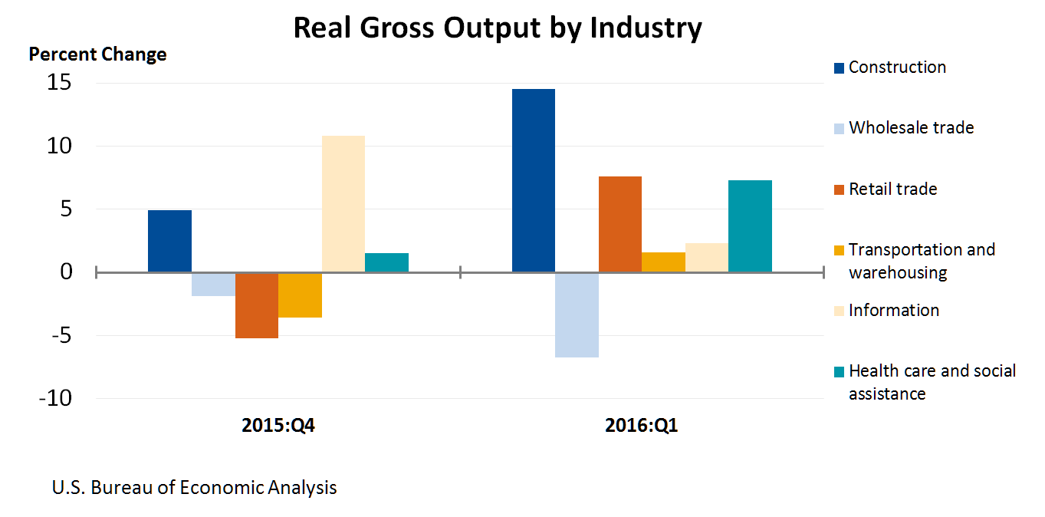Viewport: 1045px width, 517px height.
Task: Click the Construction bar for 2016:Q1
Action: coord(533,180)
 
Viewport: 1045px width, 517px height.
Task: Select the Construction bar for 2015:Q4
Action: coord(169,241)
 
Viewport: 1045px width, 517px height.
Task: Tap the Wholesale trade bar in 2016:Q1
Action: coord(577,314)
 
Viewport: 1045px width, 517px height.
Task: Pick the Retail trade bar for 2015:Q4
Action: coord(256,305)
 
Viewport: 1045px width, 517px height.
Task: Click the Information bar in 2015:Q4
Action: coord(343,204)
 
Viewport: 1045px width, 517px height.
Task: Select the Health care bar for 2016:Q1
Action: coord(750,226)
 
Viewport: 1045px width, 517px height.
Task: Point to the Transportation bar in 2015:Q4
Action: coord(300,295)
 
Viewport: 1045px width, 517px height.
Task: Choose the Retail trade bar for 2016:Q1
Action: coord(619,224)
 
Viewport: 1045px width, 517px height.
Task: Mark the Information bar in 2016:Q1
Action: coord(706,257)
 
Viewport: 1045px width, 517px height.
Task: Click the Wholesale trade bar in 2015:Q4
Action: coord(213,284)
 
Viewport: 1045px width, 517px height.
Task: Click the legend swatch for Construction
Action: coord(839,68)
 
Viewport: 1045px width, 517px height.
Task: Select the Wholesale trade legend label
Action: coord(911,127)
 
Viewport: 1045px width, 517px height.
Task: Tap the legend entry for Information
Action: coord(893,310)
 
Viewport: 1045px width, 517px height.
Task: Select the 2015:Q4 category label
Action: coord(278,426)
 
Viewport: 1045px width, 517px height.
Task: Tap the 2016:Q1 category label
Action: coord(641,426)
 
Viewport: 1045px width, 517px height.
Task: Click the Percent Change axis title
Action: coord(97,54)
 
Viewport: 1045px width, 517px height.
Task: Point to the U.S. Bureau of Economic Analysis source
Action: coord(194,487)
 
